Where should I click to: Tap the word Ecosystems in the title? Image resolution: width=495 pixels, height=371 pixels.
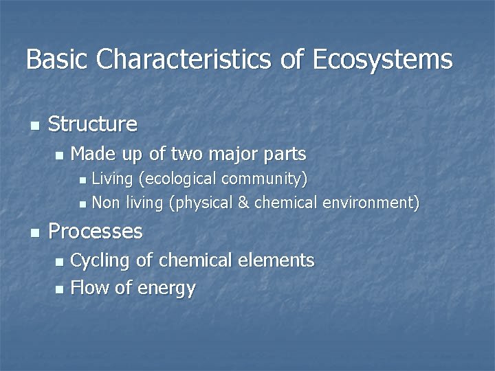tap(382, 59)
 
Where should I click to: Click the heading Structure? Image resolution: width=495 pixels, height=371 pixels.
tap(93, 124)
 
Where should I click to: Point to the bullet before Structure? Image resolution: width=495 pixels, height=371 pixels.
tap(34, 126)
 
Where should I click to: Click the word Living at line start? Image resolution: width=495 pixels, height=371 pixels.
tap(113, 179)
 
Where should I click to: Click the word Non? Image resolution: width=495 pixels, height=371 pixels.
tap(104, 203)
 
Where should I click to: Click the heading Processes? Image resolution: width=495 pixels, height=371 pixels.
tap(96, 231)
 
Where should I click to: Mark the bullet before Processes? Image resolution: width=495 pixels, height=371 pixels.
tap(34, 233)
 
